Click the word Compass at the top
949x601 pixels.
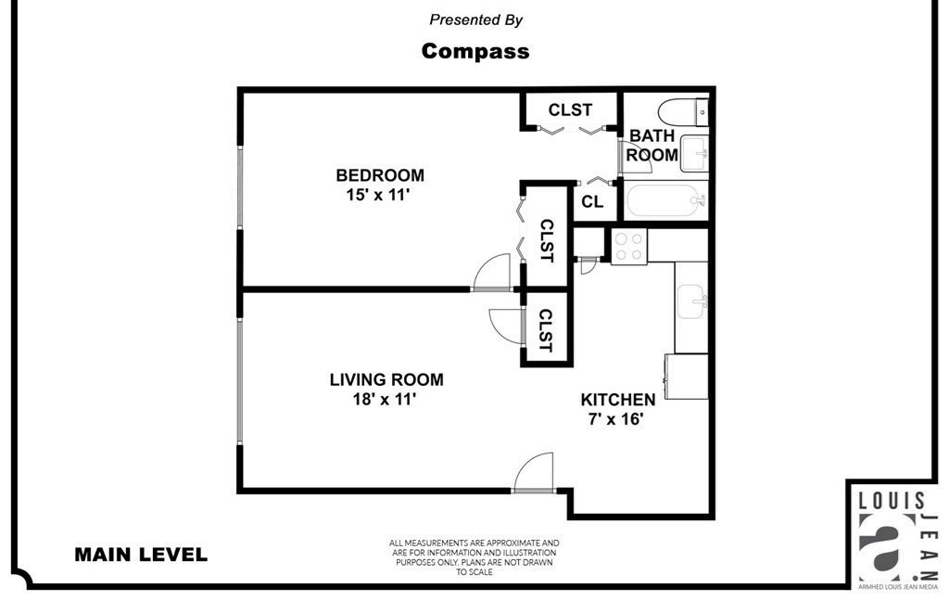pyautogui.click(x=475, y=51)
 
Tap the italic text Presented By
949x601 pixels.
pyautogui.click(x=475, y=19)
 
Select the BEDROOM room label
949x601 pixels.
pyautogui.click(x=380, y=175)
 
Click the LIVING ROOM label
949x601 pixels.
pyautogui.click(x=386, y=379)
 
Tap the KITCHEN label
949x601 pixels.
pyautogui.click(x=618, y=400)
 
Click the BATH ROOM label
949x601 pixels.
pyautogui.click(x=652, y=146)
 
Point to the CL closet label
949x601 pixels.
pyautogui.click(x=592, y=201)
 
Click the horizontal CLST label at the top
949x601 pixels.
pyautogui.click(x=570, y=109)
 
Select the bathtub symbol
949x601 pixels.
pyautogui.click(x=664, y=199)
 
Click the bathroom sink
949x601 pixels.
pyautogui.click(x=694, y=153)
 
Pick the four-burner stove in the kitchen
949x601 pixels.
pyautogui.click(x=628, y=246)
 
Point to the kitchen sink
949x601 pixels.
pyautogui.click(x=690, y=301)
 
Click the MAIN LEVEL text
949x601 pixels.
pyautogui.click(x=141, y=556)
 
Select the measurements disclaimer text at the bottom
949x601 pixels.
pyautogui.click(x=474, y=557)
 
